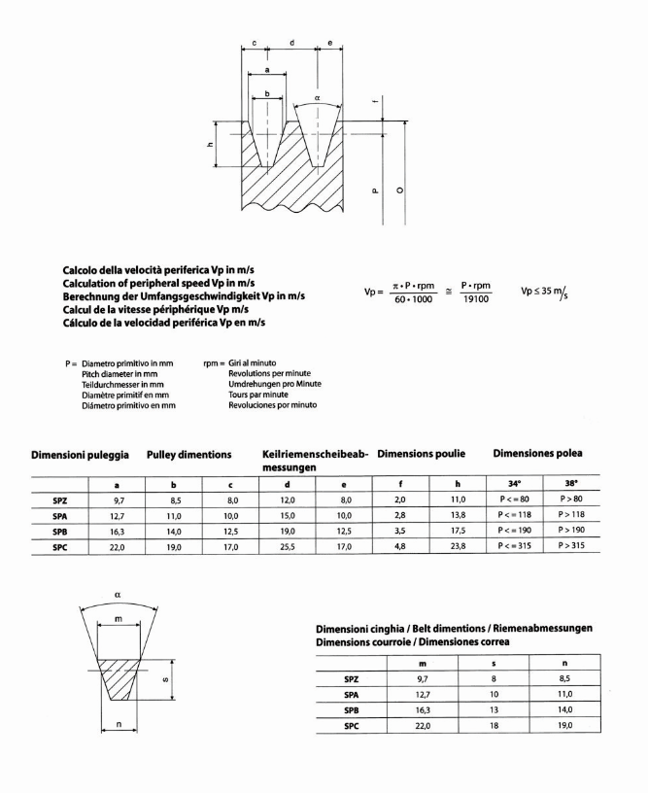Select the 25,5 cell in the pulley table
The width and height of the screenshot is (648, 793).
(290, 546)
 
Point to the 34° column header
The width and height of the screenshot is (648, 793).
(514, 482)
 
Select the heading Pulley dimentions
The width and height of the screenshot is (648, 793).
(188, 455)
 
